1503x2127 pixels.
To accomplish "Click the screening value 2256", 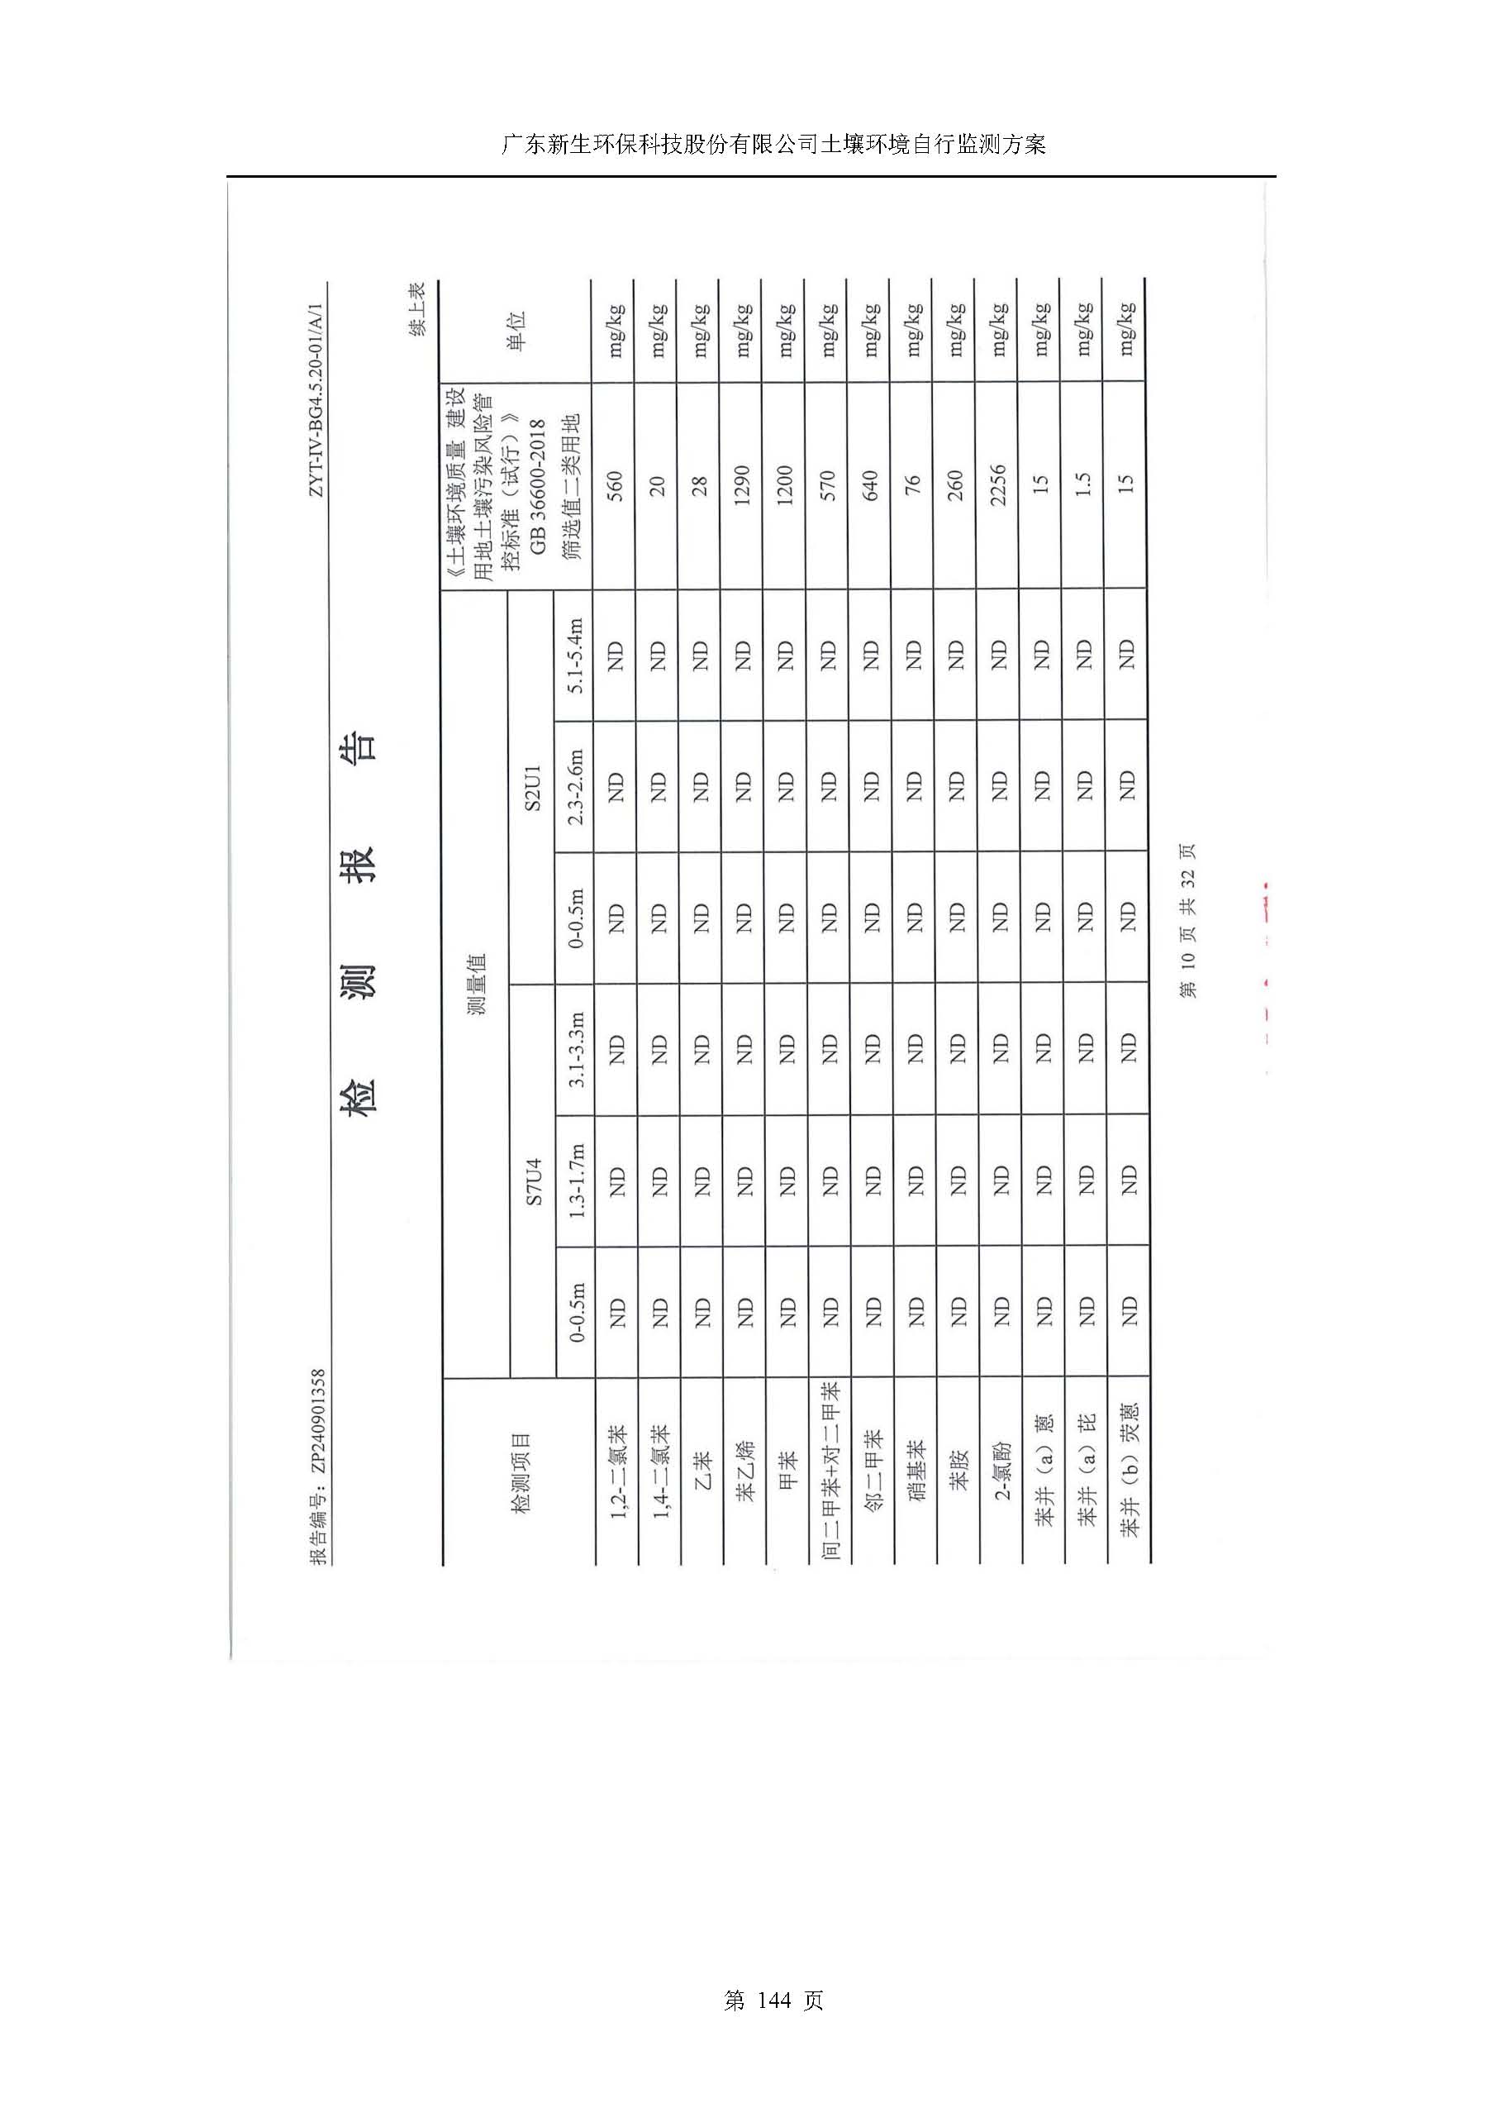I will (997, 484).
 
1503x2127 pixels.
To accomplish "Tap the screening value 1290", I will (741, 484).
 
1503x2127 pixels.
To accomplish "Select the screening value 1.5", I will (1082, 484).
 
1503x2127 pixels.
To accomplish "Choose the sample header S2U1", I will (531, 786).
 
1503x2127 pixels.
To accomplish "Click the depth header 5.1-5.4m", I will (575, 655).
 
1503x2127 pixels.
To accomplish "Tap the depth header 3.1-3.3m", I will (575, 1050).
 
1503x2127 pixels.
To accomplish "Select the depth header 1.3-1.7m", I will (575, 1181).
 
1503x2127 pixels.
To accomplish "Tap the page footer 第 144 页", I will (773, 2026).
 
